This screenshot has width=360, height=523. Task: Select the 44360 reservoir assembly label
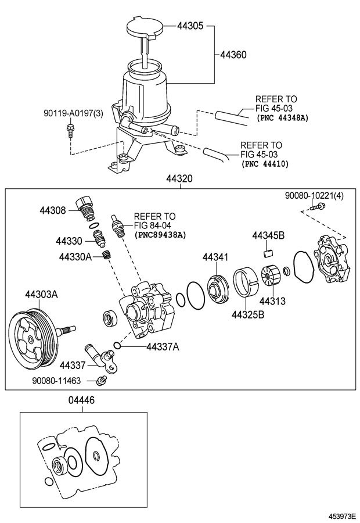pos(233,55)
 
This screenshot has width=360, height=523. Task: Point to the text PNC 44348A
pos(282,117)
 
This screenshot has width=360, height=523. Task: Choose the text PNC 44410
pos(268,164)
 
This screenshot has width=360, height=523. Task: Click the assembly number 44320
pos(179,180)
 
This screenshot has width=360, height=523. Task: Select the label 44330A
pos(75,256)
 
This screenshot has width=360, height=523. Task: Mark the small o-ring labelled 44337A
pos(117,346)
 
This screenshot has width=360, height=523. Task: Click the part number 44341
pos(215,257)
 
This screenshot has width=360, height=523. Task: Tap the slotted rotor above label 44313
pos(271,277)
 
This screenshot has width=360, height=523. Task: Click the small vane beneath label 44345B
pos(267,251)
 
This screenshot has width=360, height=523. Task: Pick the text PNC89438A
pos(160,235)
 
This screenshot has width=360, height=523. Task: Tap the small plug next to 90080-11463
pos(102,381)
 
